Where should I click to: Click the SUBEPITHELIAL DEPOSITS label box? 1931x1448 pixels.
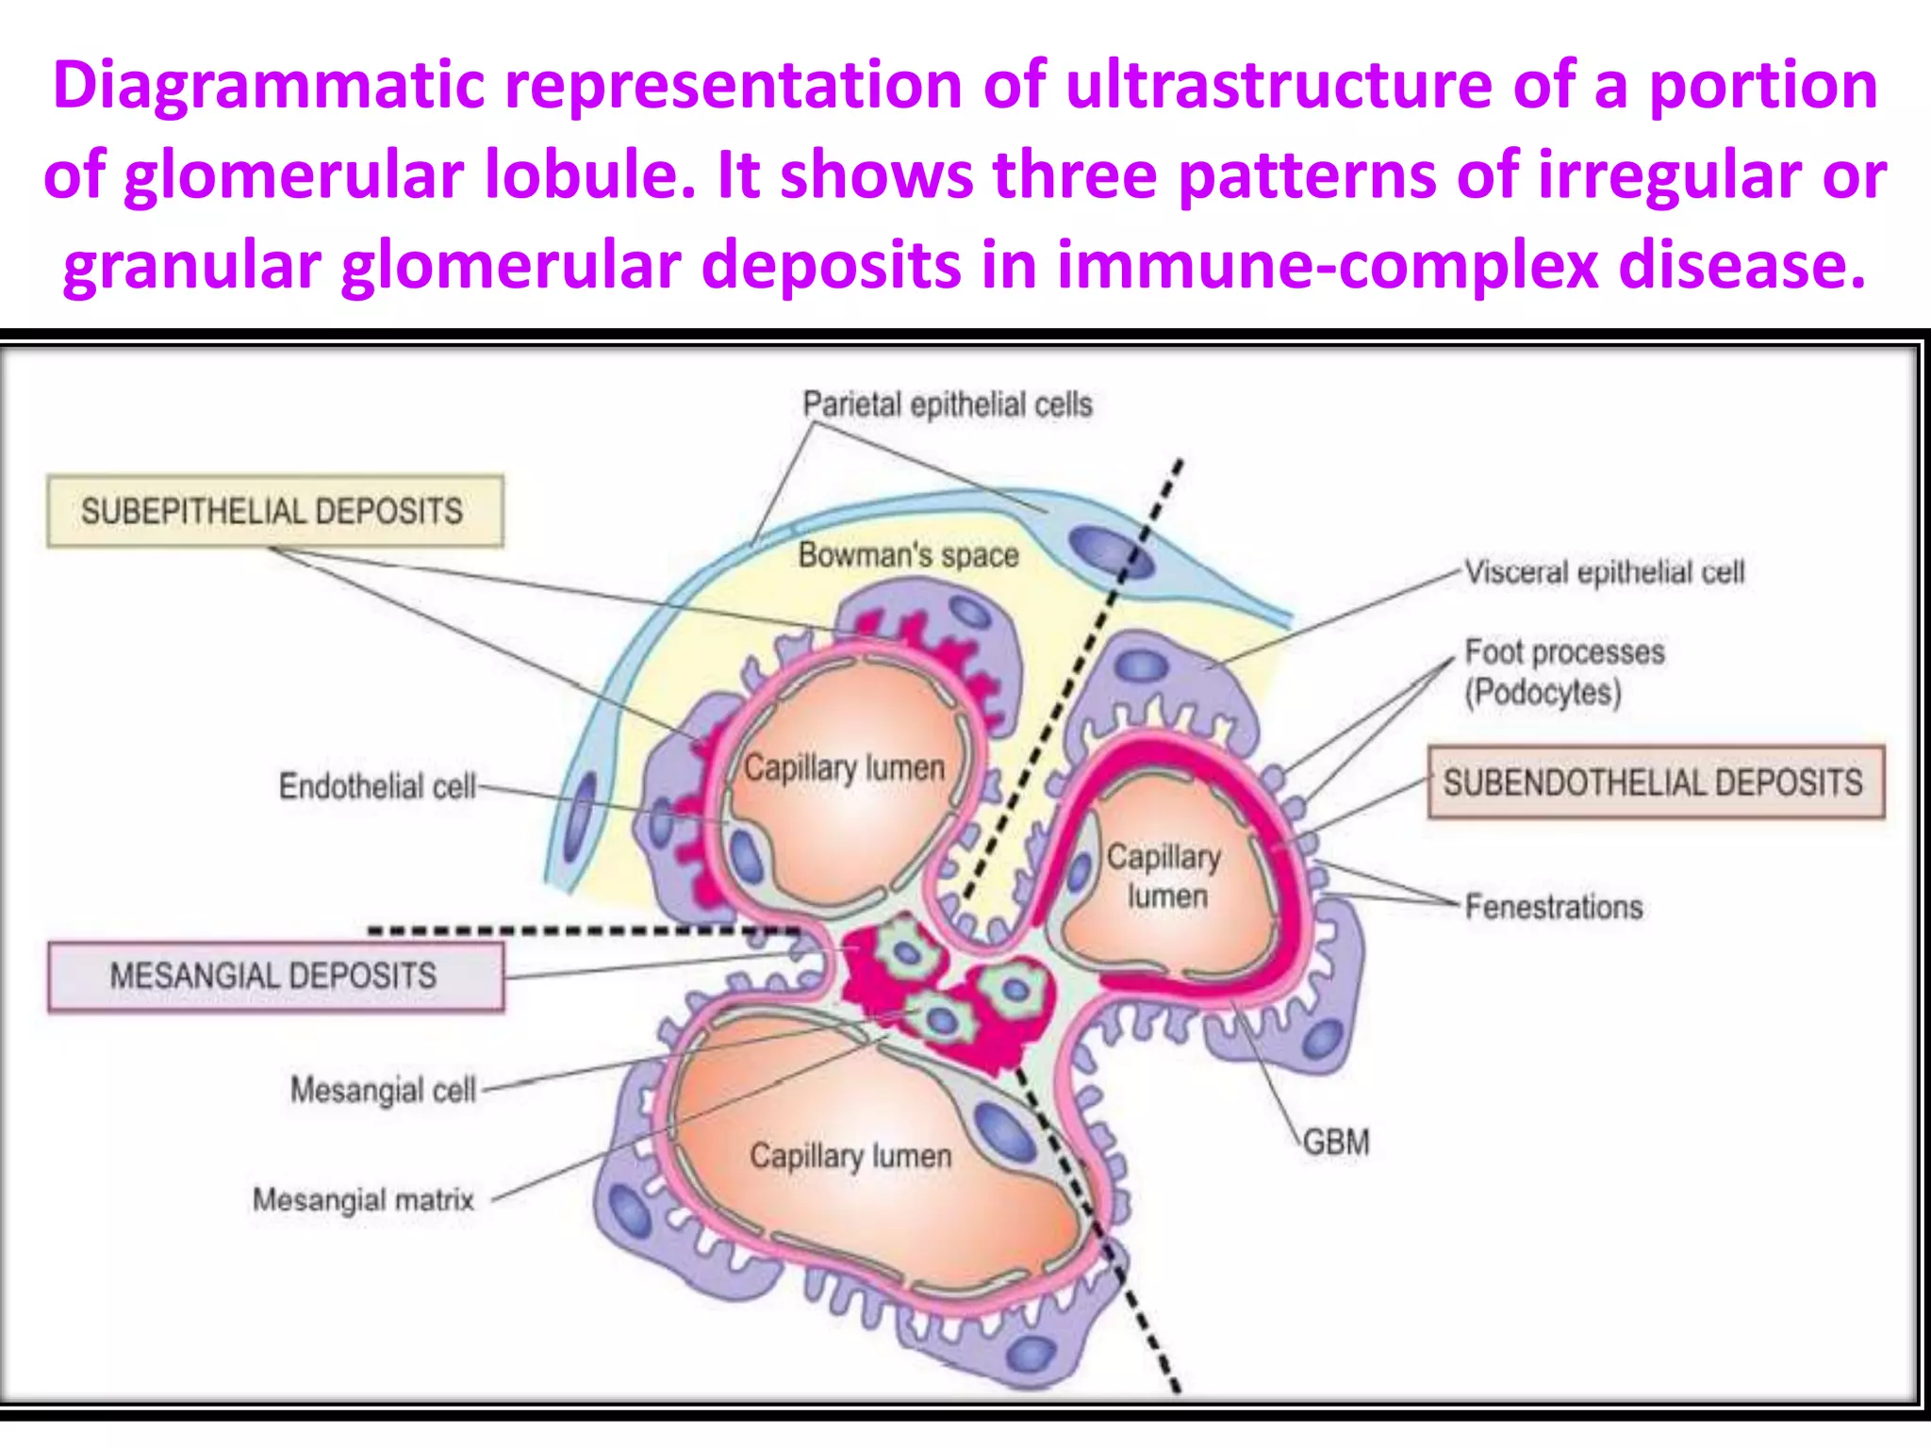(273, 511)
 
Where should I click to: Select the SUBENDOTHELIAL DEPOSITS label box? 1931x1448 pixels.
(1655, 782)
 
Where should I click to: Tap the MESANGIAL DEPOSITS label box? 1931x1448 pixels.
(274, 976)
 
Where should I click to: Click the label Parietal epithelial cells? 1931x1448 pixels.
(947, 404)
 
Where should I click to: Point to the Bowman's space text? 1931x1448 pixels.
(908, 555)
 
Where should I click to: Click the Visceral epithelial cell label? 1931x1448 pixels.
(1604, 572)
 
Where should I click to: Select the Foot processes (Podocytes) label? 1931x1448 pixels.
(1563, 671)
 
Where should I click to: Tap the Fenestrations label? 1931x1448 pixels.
(1553, 907)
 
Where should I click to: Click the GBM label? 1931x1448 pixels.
(1335, 1143)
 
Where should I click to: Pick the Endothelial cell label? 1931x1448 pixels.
(377, 786)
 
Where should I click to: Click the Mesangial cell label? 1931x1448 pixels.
(383, 1090)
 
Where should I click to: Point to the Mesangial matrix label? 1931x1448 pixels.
(363, 1200)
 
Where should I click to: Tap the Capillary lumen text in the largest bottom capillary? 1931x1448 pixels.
(850, 1156)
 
